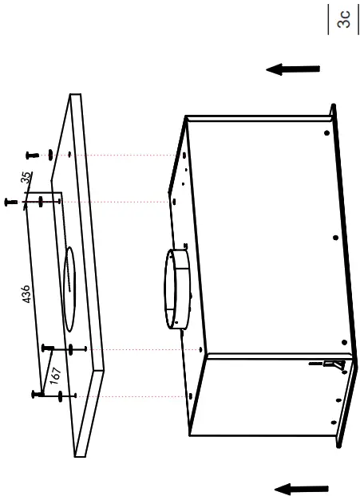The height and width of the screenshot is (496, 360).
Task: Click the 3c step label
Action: [344, 18]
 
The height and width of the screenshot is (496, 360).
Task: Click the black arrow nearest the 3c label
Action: [293, 69]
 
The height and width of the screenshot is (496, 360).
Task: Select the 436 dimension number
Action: [26, 294]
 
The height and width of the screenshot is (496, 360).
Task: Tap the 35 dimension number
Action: [26, 179]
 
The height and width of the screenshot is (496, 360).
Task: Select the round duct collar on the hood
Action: [177, 289]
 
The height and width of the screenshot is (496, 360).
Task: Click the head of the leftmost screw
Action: [10, 202]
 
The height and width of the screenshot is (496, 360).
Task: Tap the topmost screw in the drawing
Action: [30, 154]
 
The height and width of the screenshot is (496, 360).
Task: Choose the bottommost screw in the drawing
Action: [38, 395]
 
